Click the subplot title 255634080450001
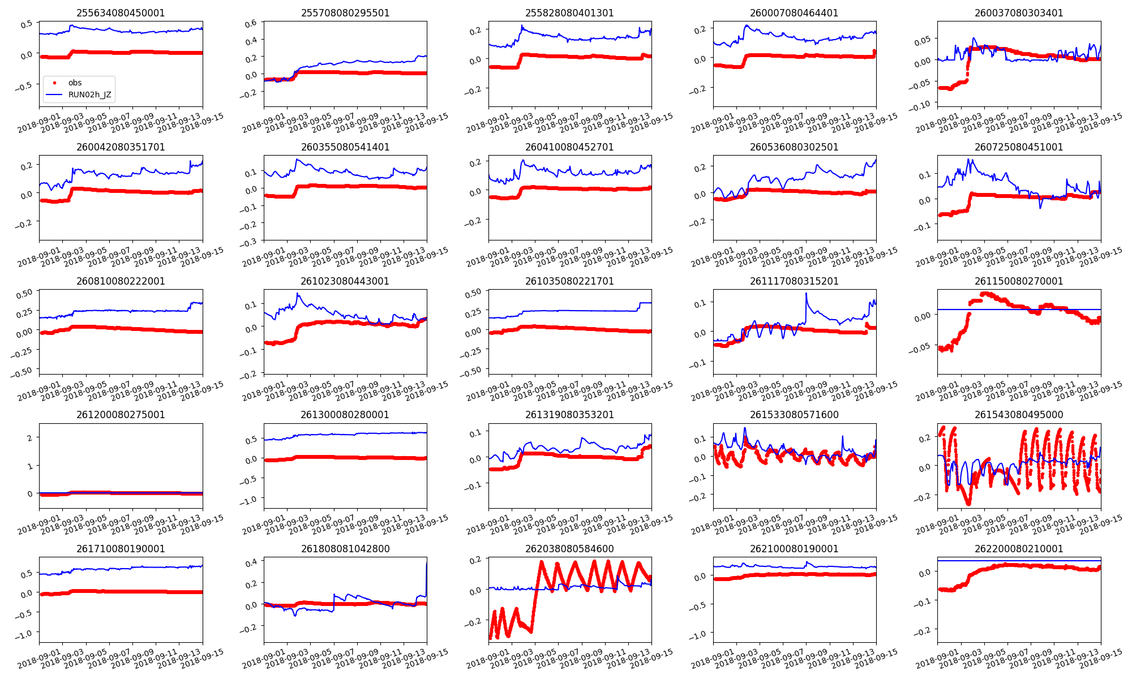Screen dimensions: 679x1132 [121, 13]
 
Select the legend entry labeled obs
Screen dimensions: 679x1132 [75, 83]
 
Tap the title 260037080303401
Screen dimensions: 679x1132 [1019, 13]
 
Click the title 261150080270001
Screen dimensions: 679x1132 [1019, 281]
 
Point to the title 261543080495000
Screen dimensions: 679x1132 [1019, 415]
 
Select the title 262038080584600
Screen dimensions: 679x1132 [569, 549]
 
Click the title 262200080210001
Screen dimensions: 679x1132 [1019, 549]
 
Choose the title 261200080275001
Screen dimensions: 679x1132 [121, 415]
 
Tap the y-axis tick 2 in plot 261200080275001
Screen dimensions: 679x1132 [29, 438]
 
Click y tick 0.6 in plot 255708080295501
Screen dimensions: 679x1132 [251, 23]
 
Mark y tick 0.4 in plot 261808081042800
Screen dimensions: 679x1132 [251, 562]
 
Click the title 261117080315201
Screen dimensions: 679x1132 [794, 281]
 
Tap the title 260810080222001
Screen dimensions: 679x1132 [121, 281]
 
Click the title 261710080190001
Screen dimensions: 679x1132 [121, 549]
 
